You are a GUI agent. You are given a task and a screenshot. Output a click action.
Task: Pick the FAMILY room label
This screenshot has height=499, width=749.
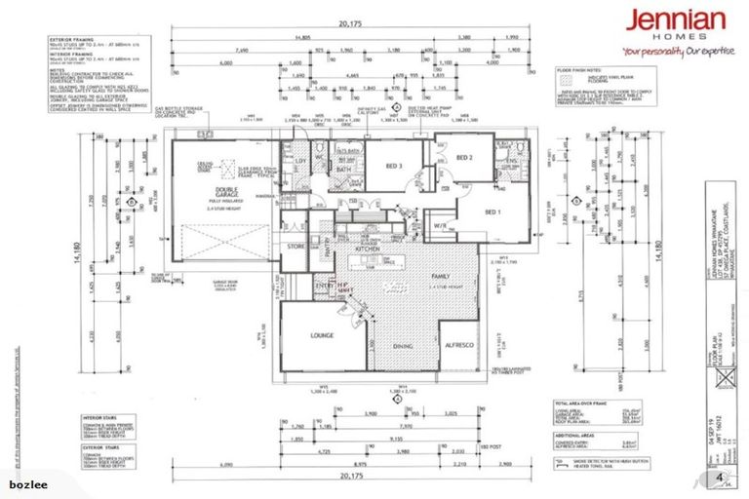(444, 277)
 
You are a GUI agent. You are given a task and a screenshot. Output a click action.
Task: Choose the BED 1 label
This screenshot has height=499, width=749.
(493, 211)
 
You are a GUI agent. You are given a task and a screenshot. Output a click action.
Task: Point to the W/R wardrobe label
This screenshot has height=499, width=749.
(440, 226)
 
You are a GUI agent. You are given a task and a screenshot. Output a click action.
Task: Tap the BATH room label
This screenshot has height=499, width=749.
(342, 170)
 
